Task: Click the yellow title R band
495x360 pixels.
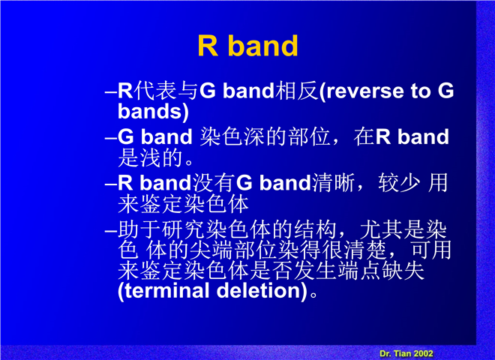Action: click(247, 46)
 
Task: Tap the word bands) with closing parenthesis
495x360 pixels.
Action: click(153, 112)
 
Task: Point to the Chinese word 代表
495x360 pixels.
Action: click(154, 91)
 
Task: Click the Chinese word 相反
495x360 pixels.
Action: click(296, 91)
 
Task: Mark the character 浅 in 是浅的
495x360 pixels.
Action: click(150, 157)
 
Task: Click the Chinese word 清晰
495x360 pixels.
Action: click(333, 182)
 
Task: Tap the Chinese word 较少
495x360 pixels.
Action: click(399, 182)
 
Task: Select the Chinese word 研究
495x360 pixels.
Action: click(183, 229)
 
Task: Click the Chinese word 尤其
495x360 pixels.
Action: click(381, 229)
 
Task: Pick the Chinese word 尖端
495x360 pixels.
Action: click(211, 250)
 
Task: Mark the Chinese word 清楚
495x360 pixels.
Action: click(365, 250)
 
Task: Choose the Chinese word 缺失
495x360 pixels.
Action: click(403, 271)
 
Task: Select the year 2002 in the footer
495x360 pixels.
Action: click(422, 353)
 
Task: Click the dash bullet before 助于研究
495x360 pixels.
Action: click(111, 231)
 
